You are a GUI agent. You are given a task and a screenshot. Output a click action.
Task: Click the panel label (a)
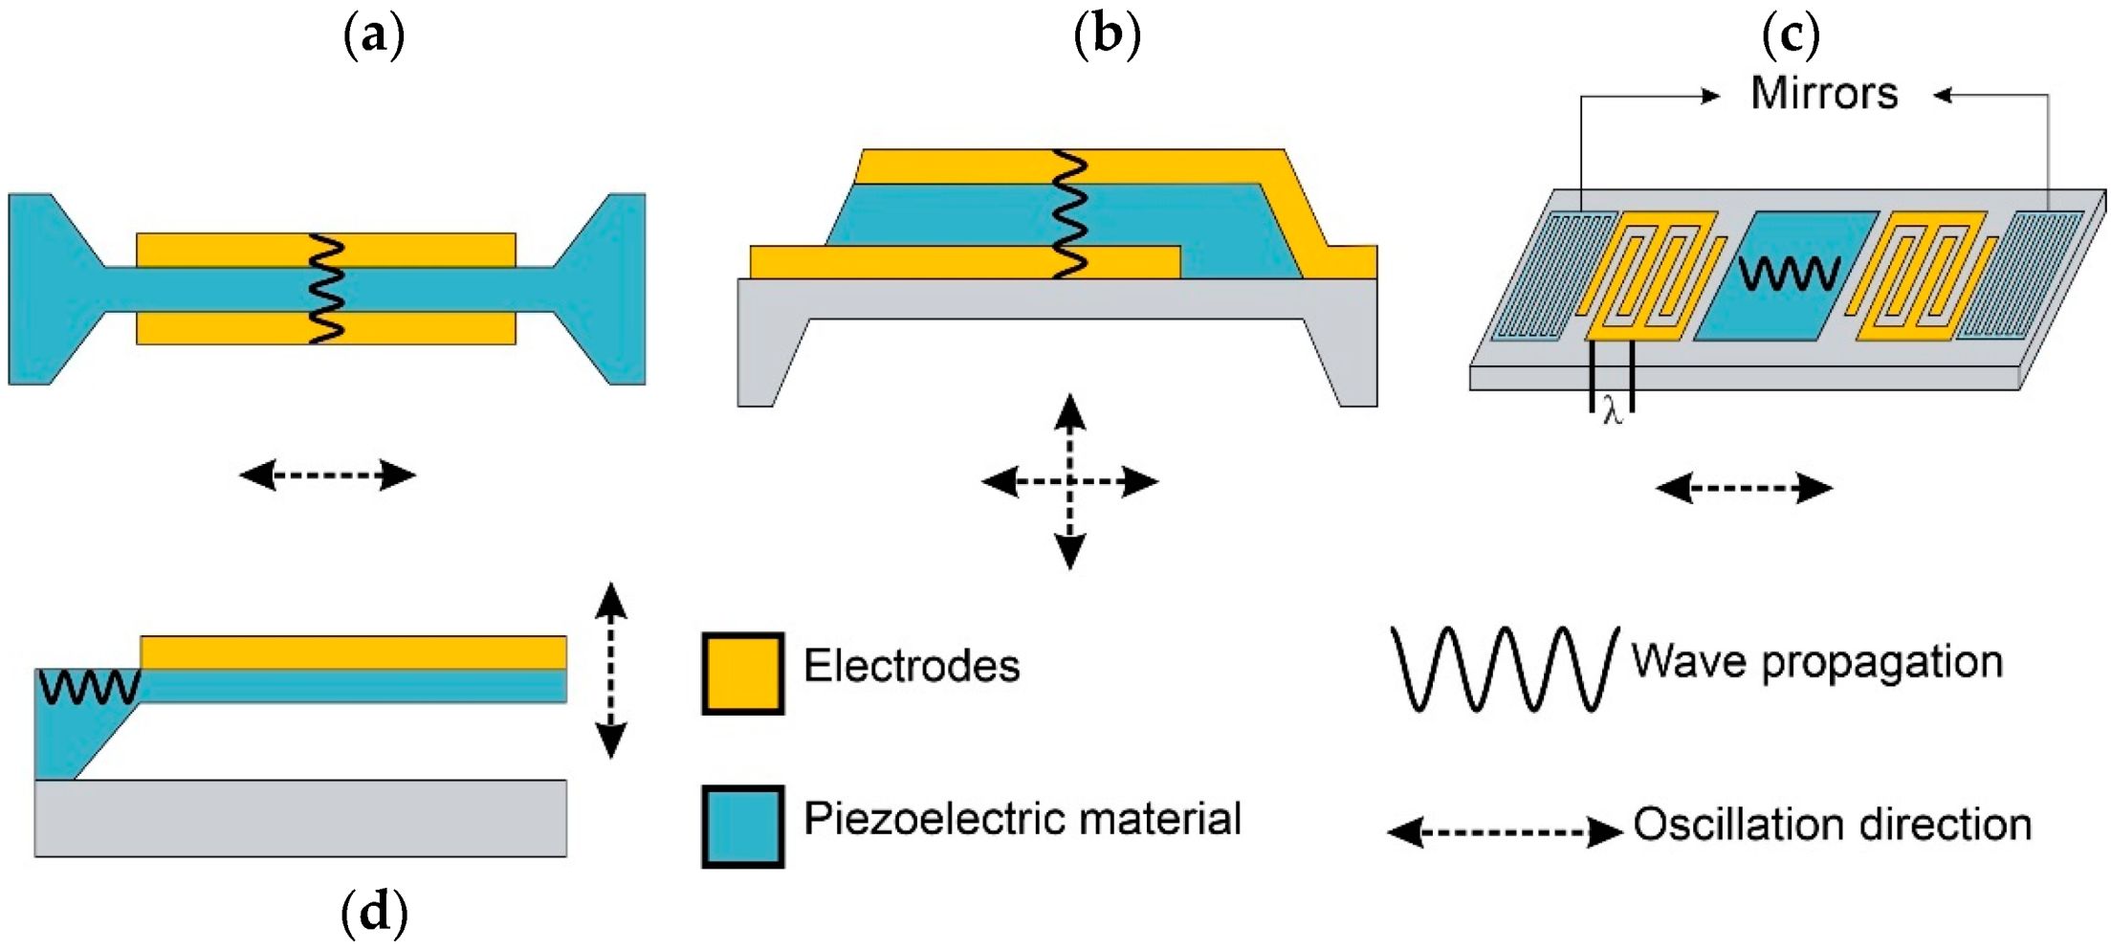click(x=374, y=36)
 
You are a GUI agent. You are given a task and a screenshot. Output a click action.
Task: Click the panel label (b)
click(x=1107, y=36)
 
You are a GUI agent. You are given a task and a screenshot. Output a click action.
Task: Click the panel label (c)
click(x=1790, y=36)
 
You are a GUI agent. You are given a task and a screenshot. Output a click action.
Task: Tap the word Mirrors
click(x=1823, y=94)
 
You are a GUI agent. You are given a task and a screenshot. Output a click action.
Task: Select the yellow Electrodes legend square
click(x=743, y=674)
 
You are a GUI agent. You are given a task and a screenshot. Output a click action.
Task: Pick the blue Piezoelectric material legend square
click(x=743, y=827)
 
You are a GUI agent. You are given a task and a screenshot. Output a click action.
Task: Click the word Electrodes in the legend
click(x=911, y=666)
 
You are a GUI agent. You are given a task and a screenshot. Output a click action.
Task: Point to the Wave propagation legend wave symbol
click(x=1504, y=668)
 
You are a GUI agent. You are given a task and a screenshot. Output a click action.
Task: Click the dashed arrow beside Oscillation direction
click(x=1504, y=831)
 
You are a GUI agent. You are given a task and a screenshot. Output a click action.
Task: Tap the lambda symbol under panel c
click(x=1613, y=412)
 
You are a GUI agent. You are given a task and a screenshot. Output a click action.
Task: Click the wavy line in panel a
click(x=326, y=288)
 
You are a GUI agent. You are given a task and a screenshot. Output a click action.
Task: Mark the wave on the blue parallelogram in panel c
click(x=1788, y=274)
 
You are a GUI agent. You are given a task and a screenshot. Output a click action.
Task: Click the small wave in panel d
click(x=90, y=687)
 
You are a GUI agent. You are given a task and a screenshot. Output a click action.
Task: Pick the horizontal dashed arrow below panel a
click(x=327, y=475)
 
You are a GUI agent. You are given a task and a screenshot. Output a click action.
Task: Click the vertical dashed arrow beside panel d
click(x=611, y=670)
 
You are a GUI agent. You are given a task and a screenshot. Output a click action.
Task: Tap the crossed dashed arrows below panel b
click(x=1069, y=481)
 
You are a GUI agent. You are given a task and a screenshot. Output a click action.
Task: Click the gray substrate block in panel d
click(x=300, y=818)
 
